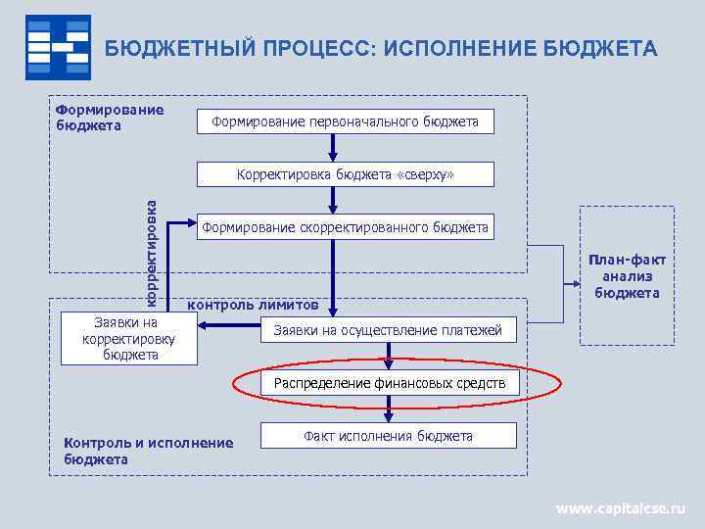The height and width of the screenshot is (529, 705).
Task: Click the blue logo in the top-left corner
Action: tap(58, 46)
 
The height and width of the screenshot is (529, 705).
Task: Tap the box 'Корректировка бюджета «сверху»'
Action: tap(345, 174)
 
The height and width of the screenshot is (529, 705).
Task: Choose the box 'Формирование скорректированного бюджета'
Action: tap(345, 227)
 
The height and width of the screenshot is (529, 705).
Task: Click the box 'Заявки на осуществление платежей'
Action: tap(388, 331)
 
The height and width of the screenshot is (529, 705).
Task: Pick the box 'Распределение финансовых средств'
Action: tap(389, 383)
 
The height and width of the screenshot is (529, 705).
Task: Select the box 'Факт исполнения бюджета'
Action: tap(388, 436)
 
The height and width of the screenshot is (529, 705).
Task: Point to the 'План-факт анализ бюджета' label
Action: tap(627, 276)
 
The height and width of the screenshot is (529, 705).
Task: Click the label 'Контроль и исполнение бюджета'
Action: tap(148, 451)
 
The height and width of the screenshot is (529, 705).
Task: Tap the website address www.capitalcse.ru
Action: tap(621, 508)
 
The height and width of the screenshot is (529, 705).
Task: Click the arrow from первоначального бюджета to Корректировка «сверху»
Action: tap(334, 148)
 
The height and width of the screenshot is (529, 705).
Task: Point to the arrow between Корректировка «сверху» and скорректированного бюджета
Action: tap(334, 201)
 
